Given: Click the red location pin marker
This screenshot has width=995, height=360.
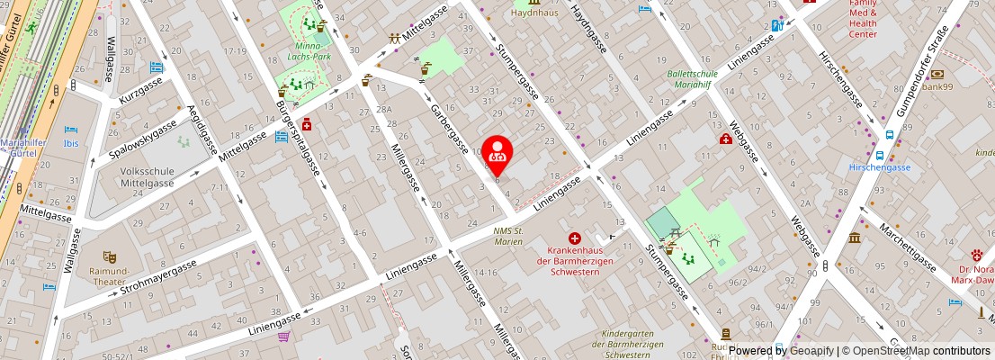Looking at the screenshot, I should [x=497, y=153].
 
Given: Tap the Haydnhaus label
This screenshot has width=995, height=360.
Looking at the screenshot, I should [x=534, y=13].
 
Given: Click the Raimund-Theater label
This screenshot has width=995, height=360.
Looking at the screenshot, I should [x=109, y=275].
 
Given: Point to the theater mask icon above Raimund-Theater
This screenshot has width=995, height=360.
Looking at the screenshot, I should [x=109, y=257].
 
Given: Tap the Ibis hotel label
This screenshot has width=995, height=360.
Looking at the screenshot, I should [x=71, y=142].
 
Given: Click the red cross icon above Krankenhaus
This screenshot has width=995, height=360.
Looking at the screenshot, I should [x=574, y=238].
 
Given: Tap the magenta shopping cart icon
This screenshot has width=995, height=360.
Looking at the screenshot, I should [x=284, y=337].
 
